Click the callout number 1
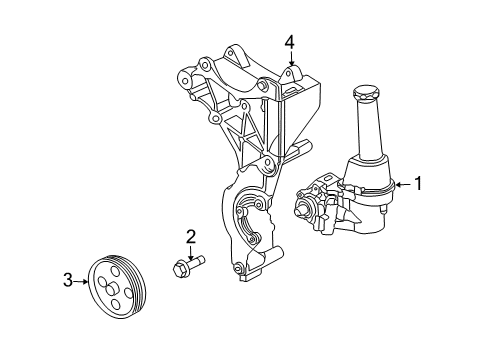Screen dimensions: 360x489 (419, 183)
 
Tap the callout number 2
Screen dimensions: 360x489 (189, 236)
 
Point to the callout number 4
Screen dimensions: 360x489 (289, 42)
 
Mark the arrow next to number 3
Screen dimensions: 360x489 (83, 281)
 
